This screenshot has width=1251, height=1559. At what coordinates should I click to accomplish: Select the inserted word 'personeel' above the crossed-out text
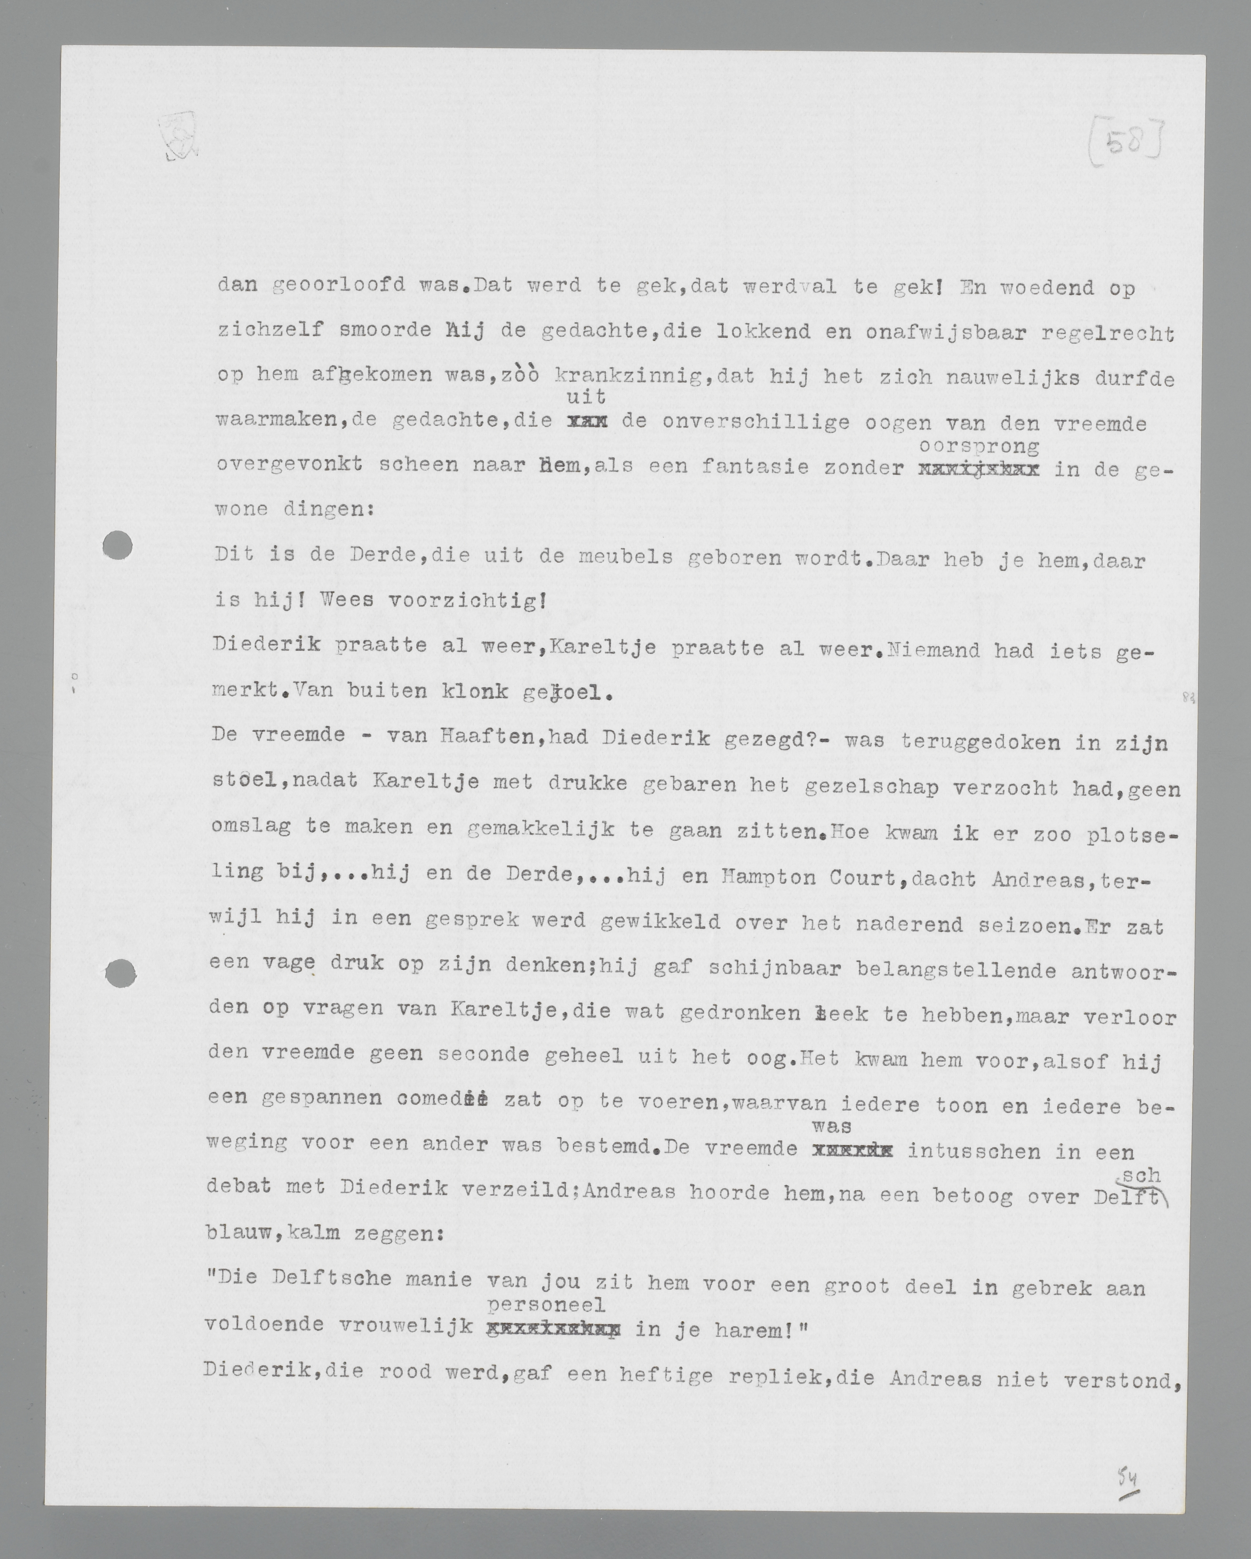tap(546, 1305)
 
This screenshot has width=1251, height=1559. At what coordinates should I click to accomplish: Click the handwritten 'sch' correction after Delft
tap(1142, 1176)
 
